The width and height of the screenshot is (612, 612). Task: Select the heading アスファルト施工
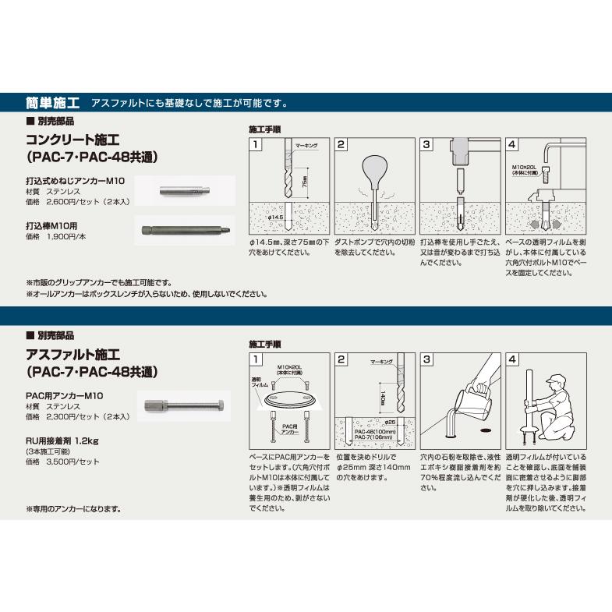73,356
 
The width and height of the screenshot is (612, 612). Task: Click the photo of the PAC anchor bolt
183,405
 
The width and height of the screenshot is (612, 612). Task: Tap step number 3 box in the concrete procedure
426,145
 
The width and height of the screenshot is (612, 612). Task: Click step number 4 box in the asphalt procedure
512,359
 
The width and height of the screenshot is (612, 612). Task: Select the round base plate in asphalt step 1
290,400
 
